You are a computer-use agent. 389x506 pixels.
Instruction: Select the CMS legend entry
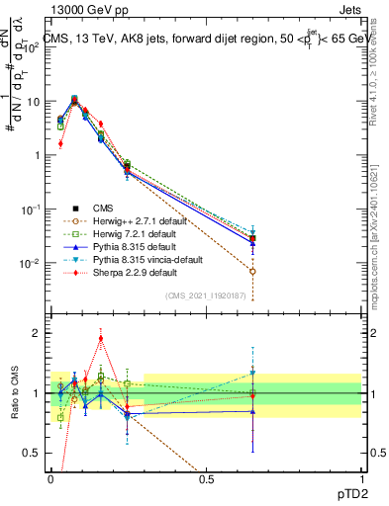tap(102, 208)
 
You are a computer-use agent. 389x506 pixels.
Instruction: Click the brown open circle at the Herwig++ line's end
tap(253, 271)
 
